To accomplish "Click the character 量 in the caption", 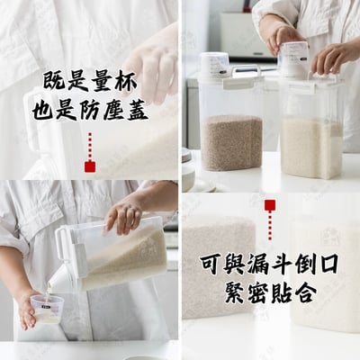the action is (103, 81).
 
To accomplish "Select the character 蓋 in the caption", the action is (138, 110).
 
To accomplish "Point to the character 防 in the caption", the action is (90, 110).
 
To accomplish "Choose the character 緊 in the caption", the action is (237, 292).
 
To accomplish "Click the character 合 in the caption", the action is (305, 292).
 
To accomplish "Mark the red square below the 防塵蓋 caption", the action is (90, 166).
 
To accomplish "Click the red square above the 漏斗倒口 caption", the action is (270, 205).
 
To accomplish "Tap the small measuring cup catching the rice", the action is (45, 309).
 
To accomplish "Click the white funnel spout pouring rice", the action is (62, 280).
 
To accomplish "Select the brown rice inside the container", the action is (231, 142).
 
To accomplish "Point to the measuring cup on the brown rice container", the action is (215, 65).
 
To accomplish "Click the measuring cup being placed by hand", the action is (293, 59).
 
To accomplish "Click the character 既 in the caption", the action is (54, 81).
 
